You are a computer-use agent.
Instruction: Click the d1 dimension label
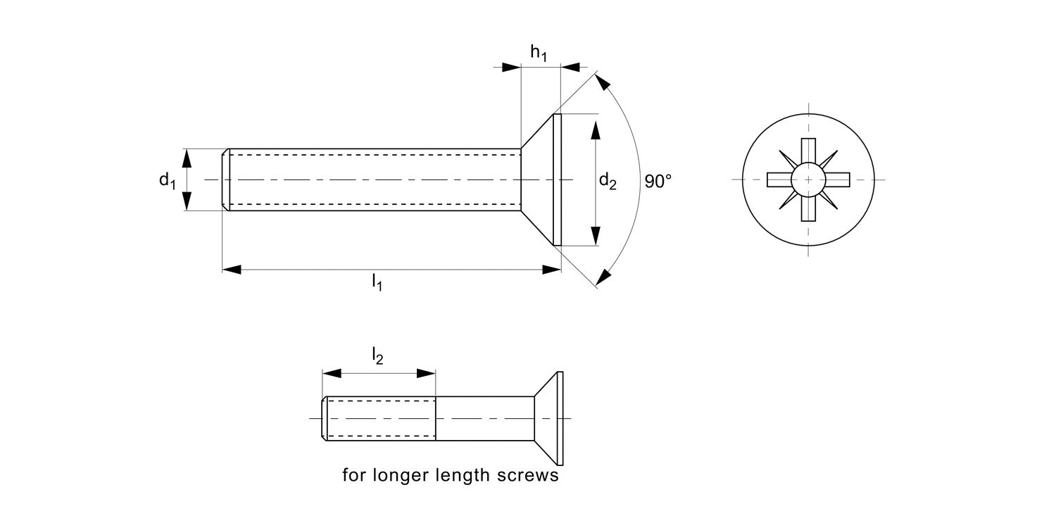point(166,180)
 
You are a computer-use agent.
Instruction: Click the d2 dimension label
point(608,182)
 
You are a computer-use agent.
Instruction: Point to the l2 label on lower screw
point(377,358)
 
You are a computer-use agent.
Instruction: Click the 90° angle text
point(658,182)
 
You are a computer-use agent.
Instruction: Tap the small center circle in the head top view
point(808,180)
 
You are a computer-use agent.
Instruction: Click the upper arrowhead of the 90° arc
point(602,83)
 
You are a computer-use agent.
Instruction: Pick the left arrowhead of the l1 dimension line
point(232,269)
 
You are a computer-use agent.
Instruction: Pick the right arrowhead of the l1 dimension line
point(552,269)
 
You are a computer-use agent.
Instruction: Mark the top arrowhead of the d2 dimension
point(596,130)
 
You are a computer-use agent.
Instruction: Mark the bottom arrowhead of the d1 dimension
point(187,202)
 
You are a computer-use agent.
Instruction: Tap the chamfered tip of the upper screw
point(226,180)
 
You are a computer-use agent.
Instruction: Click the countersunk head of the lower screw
point(549,418)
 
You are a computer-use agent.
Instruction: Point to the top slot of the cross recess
point(808,151)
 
